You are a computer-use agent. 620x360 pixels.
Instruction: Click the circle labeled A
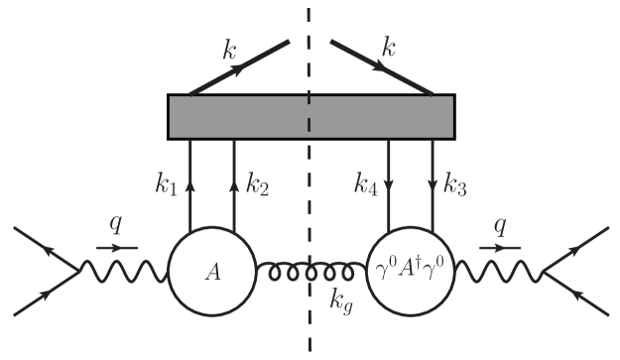tap(211, 270)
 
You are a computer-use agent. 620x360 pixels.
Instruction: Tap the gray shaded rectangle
tap(311, 116)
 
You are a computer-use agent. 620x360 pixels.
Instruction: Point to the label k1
tap(166, 182)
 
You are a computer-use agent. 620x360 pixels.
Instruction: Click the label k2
tap(257, 182)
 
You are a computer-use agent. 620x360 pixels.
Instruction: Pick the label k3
tap(456, 182)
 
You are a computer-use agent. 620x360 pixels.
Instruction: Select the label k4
tap(364, 182)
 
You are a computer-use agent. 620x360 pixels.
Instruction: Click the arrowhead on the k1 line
tap(188, 184)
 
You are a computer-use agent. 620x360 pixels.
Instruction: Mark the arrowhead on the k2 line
tap(235, 184)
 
